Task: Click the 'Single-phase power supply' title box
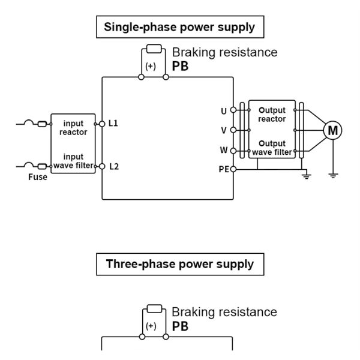tap(179, 27)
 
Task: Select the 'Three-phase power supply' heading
tap(179, 264)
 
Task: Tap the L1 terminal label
tap(113, 123)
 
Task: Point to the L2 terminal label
tap(113, 166)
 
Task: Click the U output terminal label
tap(224, 111)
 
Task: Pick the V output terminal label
tap(224, 130)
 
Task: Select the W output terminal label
tap(224, 150)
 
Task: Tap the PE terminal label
tap(223, 169)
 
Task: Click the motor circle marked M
tap(332, 130)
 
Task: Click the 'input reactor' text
tap(73, 128)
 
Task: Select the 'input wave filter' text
tap(73, 161)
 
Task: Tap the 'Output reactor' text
tap(272, 115)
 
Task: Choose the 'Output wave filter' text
tap(272, 148)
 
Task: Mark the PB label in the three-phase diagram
tap(180, 326)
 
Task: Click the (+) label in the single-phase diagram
tap(150, 67)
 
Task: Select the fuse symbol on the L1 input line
tap(42, 124)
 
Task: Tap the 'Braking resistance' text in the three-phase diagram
tap(224, 312)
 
